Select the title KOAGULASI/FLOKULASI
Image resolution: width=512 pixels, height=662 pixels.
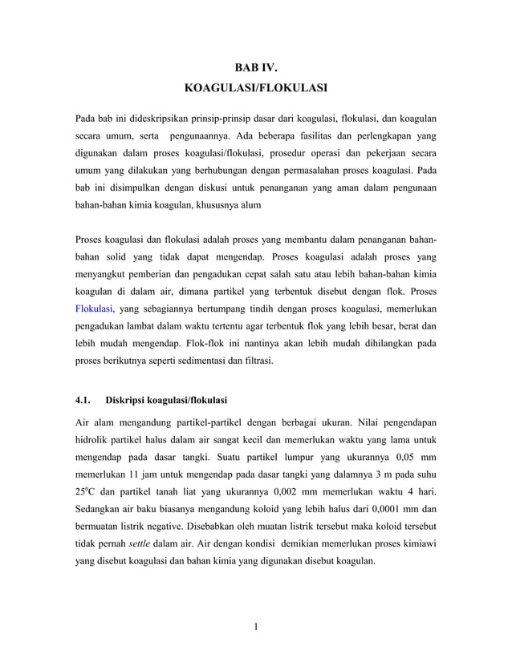point(255,87)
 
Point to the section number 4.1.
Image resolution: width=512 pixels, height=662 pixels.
point(83,399)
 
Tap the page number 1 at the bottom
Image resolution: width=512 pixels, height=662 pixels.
point(255,626)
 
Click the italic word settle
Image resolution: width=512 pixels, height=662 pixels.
point(141,545)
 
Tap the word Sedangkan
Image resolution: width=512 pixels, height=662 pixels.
point(100,509)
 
